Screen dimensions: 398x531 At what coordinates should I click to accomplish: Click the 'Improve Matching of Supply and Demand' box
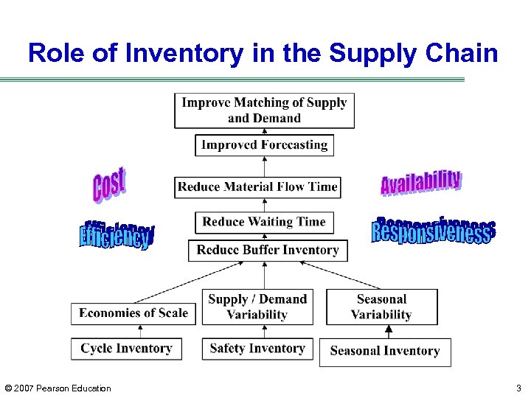[264, 111]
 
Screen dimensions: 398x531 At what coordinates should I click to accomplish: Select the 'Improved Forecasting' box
[264, 145]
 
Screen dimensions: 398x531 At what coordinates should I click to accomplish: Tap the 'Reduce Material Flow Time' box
[257, 186]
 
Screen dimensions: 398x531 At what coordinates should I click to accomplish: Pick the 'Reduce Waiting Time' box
[263, 222]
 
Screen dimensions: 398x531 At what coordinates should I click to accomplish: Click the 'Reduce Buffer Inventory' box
[267, 251]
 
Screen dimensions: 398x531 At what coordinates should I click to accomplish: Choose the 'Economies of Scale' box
[133, 313]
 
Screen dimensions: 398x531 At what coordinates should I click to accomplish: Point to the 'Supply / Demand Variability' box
[257, 307]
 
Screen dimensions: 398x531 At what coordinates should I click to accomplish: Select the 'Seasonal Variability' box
[381, 307]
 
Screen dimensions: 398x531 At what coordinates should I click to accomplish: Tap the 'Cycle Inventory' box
[125, 349]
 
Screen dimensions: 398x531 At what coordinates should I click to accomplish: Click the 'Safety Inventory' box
[257, 349]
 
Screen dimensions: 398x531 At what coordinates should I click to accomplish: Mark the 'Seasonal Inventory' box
[384, 352]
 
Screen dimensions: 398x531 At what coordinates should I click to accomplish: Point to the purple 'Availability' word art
[421, 182]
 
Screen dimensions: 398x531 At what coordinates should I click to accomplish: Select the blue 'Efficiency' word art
[117, 234]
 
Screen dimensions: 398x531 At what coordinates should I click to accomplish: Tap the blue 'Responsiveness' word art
[433, 230]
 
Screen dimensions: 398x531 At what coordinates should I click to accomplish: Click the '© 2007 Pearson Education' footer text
[58, 388]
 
